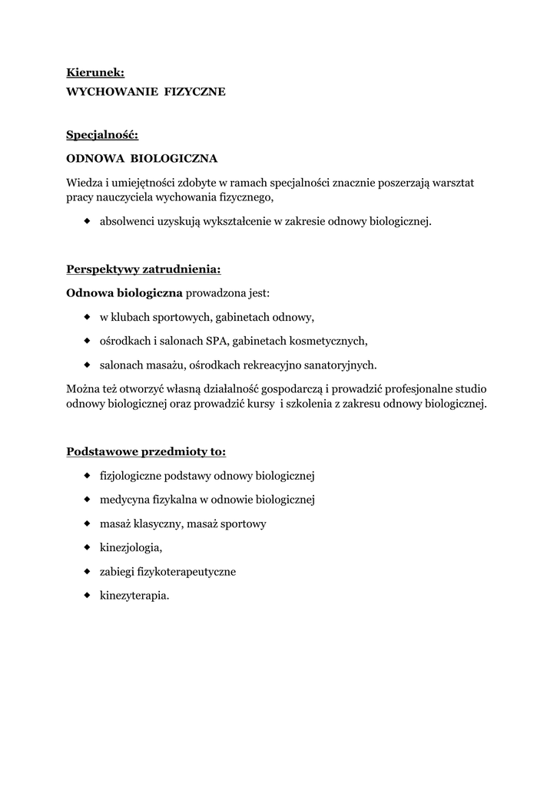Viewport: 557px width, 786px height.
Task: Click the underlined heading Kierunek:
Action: tap(95, 73)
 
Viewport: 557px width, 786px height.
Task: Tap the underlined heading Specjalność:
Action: tap(102, 135)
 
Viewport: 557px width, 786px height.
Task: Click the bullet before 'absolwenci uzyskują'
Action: tap(87, 222)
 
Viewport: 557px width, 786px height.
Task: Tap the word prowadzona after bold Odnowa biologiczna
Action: tap(216, 293)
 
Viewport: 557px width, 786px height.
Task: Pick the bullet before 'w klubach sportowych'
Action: tap(87, 316)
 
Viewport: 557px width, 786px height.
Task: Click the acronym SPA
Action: tap(217, 341)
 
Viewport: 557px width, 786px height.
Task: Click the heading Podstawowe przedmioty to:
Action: tap(146, 451)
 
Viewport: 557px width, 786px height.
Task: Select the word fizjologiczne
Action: tap(135, 476)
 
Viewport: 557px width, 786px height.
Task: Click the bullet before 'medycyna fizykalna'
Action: tap(87, 500)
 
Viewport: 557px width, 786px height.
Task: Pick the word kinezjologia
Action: tap(131, 548)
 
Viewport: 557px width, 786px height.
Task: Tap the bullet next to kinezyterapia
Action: tap(87, 596)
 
